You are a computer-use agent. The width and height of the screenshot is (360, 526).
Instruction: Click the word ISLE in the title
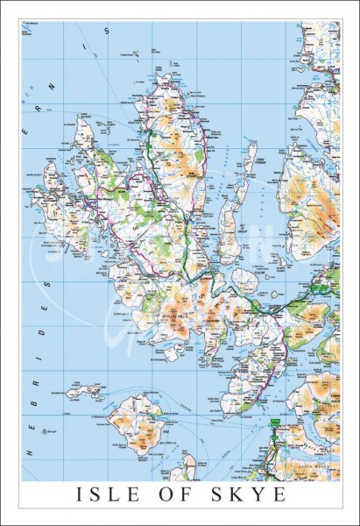[x=109, y=497]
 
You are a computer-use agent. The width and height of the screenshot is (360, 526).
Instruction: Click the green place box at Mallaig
[x=273, y=423]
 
